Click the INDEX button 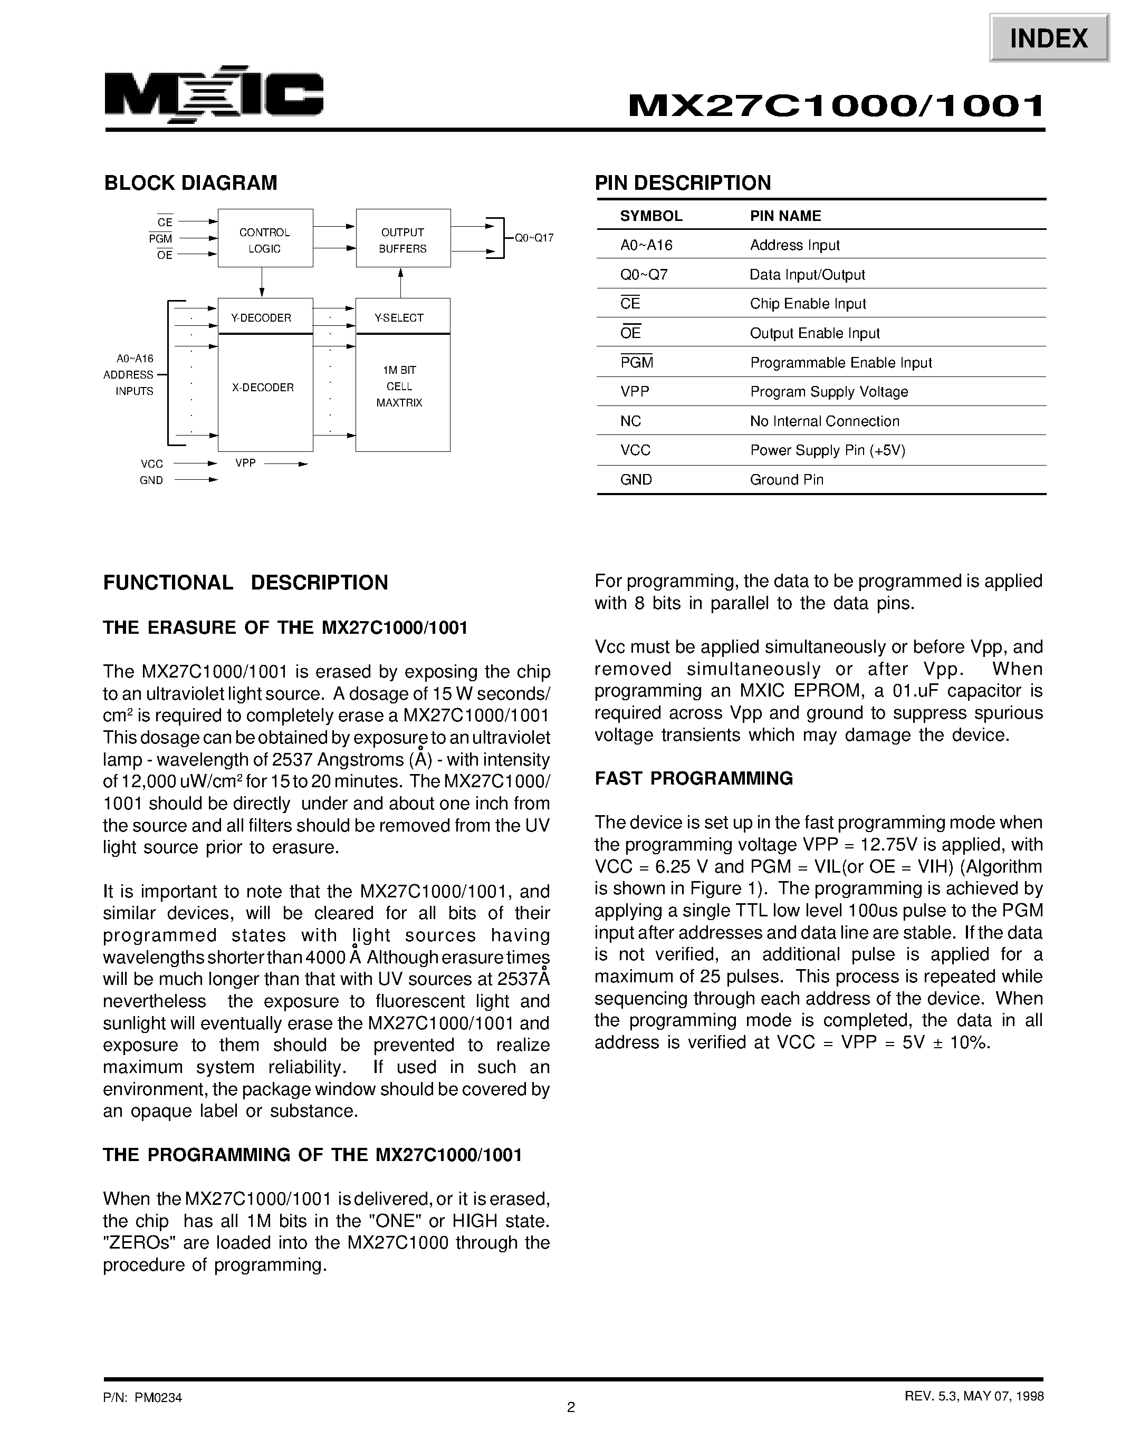coord(1049,38)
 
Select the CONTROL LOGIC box coord(265,239)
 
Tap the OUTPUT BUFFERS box coord(403,239)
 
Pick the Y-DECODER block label coord(261,318)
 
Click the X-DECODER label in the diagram coord(263,388)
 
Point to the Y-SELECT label coord(399,318)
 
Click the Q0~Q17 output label coord(534,238)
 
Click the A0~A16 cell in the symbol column coord(646,245)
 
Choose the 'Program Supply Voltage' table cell coord(829,392)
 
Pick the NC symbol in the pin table coord(630,421)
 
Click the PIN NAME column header coord(785,216)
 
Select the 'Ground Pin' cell coord(787,479)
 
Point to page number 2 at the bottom coord(570,1407)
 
